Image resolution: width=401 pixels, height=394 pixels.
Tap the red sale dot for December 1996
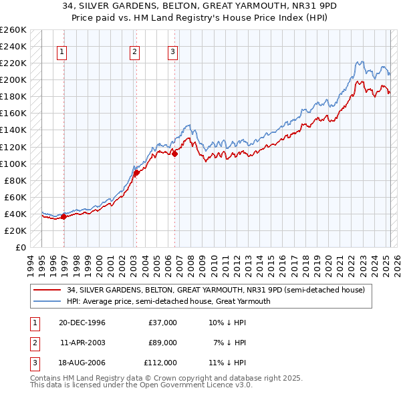[x=64, y=216]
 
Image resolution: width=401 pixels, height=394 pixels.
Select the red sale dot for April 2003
[x=136, y=172]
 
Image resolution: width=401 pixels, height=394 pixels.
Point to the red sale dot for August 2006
[x=175, y=154]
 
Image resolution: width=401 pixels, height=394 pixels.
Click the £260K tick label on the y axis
[x=13, y=30]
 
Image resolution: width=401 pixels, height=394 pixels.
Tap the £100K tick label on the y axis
[x=13, y=164]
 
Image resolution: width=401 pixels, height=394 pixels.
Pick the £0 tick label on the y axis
[x=20, y=248]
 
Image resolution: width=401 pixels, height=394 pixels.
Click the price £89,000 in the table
[x=162, y=343]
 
